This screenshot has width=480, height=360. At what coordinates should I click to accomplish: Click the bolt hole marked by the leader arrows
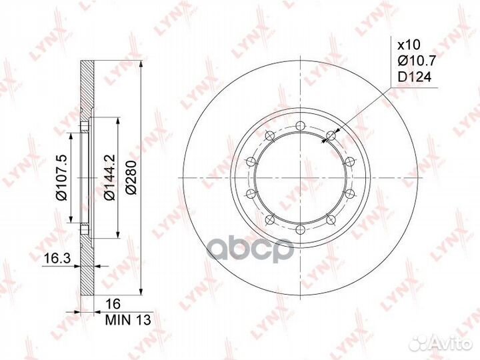(330, 135)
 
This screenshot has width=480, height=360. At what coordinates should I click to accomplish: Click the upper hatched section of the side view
(87, 87)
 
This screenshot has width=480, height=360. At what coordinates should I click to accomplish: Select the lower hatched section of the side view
(87, 270)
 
